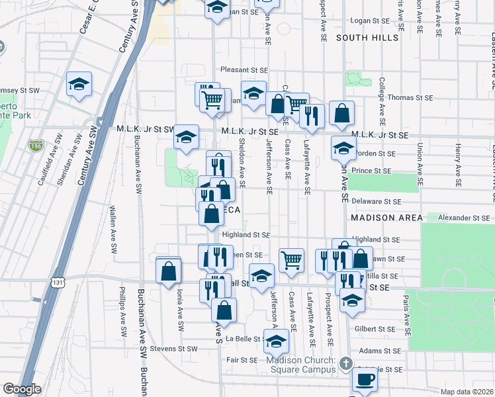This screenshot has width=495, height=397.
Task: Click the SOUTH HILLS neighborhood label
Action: [x=367, y=38]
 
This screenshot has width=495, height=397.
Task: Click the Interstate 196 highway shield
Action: [x=36, y=146]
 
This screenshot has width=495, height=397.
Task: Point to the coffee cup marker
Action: [x=364, y=380]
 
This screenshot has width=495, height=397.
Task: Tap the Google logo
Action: [x=22, y=389]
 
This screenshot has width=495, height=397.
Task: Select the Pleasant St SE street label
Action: [x=244, y=69]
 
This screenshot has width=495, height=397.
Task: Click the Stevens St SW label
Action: [x=173, y=348]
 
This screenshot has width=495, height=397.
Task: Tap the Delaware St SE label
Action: [x=376, y=201]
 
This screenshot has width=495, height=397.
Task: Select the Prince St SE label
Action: [x=373, y=171]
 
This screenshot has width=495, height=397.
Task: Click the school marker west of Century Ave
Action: [x=79, y=84]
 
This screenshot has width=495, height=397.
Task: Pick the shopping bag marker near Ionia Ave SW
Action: [x=169, y=270]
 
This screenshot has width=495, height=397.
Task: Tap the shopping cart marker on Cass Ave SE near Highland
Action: [x=291, y=260]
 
